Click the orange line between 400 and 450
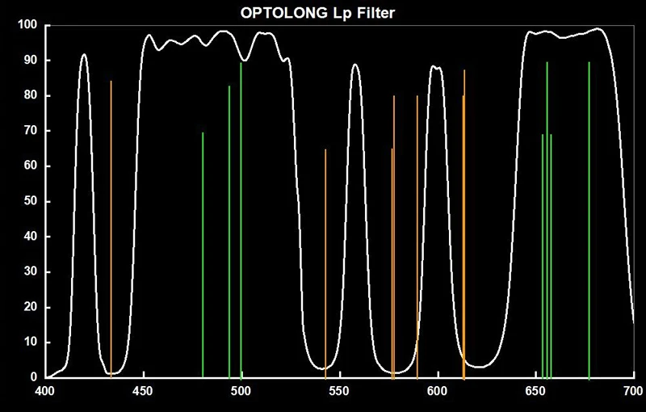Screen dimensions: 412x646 (111, 226)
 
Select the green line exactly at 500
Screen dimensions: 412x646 (241, 218)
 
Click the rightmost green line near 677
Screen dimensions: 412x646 (589, 218)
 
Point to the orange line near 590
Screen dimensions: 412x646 (417, 234)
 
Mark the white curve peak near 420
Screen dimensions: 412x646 (84, 55)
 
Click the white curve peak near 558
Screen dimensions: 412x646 (355, 65)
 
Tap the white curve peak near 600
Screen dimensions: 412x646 (436, 67)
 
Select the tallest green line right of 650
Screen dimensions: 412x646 (547, 218)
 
